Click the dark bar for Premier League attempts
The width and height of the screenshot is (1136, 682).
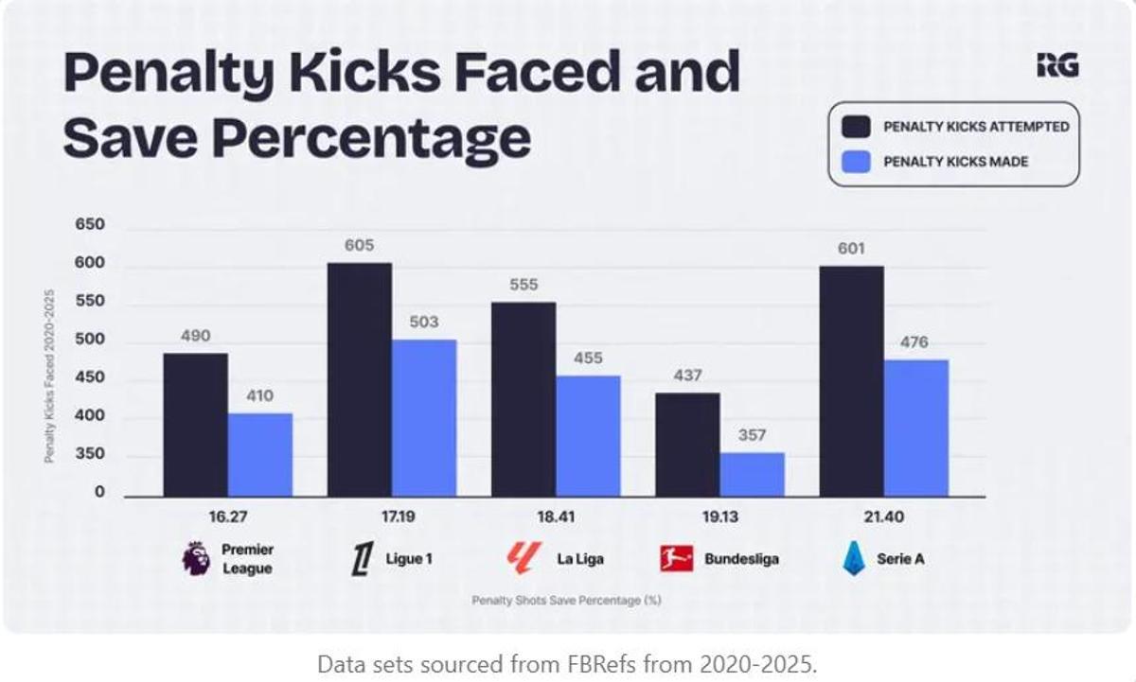pos(195,425)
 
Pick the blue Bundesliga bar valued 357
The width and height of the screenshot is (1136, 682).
pos(752,474)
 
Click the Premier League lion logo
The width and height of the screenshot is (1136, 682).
pos(196,558)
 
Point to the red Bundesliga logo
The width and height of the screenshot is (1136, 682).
pos(677,559)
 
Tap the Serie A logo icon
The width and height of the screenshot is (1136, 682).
pos(854,559)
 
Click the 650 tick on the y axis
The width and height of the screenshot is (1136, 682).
pos(90,226)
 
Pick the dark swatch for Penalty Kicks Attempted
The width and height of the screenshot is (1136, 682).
pos(857,127)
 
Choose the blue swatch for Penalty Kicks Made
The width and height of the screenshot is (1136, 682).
pos(857,162)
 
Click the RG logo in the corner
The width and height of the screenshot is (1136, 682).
pos(1057,65)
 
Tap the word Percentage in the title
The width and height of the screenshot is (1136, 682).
pos(371,138)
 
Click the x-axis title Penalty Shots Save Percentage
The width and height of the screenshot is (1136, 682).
pos(566,601)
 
